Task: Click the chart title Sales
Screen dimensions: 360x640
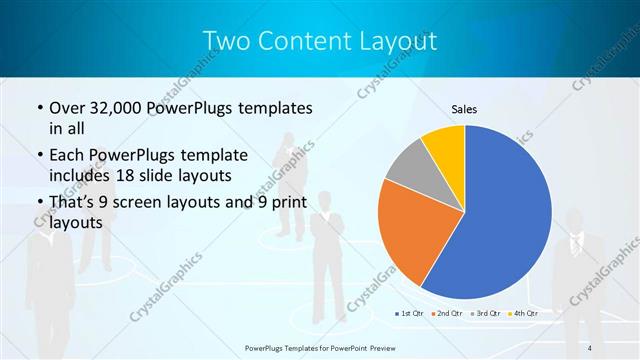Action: (464, 107)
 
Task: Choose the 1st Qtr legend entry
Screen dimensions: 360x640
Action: (410, 314)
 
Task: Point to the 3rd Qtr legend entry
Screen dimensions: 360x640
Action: (487, 314)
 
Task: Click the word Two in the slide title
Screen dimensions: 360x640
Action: (226, 41)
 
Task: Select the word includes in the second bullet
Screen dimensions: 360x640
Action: (80, 175)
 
